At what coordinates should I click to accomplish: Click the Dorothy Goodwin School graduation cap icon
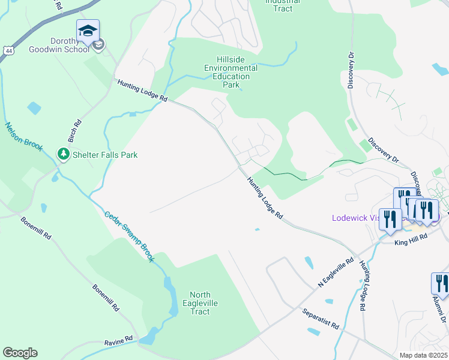click(88, 31)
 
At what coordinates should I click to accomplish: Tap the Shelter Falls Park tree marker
click(63, 155)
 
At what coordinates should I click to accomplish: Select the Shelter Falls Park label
click(105, 155)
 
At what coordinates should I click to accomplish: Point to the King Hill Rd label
click(411, 238)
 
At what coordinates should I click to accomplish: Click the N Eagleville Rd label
click(336, 272)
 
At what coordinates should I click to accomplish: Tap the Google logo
click(20, 352)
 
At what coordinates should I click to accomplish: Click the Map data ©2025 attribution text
click(423, 355)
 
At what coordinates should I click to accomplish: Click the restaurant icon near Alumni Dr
click(440, 284)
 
